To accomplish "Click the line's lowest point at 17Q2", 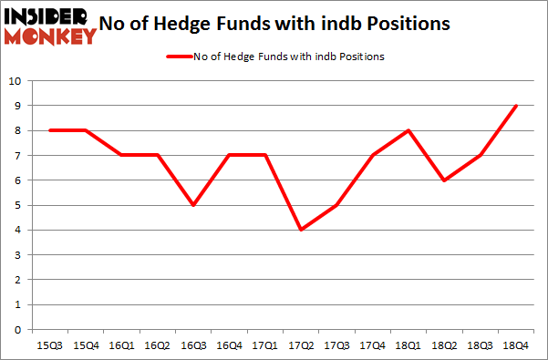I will pos(299,230).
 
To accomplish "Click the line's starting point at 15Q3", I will pos(49,130).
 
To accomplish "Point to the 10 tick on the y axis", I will pos(15,81).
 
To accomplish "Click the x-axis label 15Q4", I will pos(85,346).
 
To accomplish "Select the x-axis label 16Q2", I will pos(157,346).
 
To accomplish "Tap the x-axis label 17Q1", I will pos(265,346).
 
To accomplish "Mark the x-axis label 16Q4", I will pos(230,346).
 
